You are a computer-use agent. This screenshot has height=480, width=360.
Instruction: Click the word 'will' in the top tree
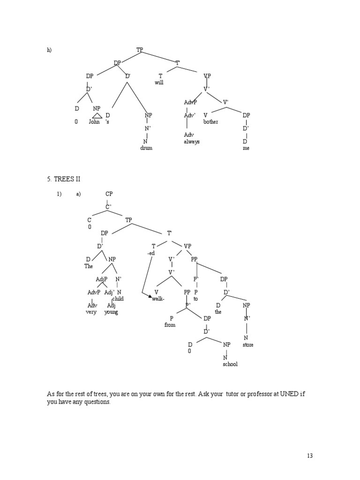[159, 82]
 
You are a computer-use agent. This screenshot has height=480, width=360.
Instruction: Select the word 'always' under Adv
[191, 142]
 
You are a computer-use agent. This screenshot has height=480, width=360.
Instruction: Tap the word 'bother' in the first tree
[210, 122]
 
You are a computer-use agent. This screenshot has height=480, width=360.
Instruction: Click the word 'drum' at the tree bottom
[146, 148]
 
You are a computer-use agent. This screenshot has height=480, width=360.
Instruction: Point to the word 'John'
[95, 122]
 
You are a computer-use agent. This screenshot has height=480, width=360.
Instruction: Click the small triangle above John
[97, 116]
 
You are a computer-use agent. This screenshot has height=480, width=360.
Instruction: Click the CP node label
[109, 194]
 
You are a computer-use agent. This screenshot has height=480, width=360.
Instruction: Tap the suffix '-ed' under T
[150, 253]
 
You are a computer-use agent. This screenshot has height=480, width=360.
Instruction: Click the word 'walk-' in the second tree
[158, 299]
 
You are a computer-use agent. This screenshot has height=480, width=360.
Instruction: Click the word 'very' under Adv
[91, 312]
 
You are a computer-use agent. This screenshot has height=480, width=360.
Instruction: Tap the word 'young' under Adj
[111, 312]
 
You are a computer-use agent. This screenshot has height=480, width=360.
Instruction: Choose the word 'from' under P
[170, 325]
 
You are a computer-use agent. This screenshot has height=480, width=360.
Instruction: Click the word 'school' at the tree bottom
[230, 364]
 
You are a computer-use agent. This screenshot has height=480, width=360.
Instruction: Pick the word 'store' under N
[248, 345]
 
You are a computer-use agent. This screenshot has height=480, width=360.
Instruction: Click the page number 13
[309, 456]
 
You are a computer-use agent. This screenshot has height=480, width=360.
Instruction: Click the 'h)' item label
[49, 50]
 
